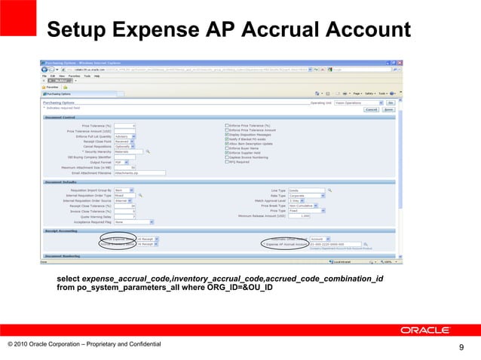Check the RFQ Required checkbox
pos(228,161)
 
